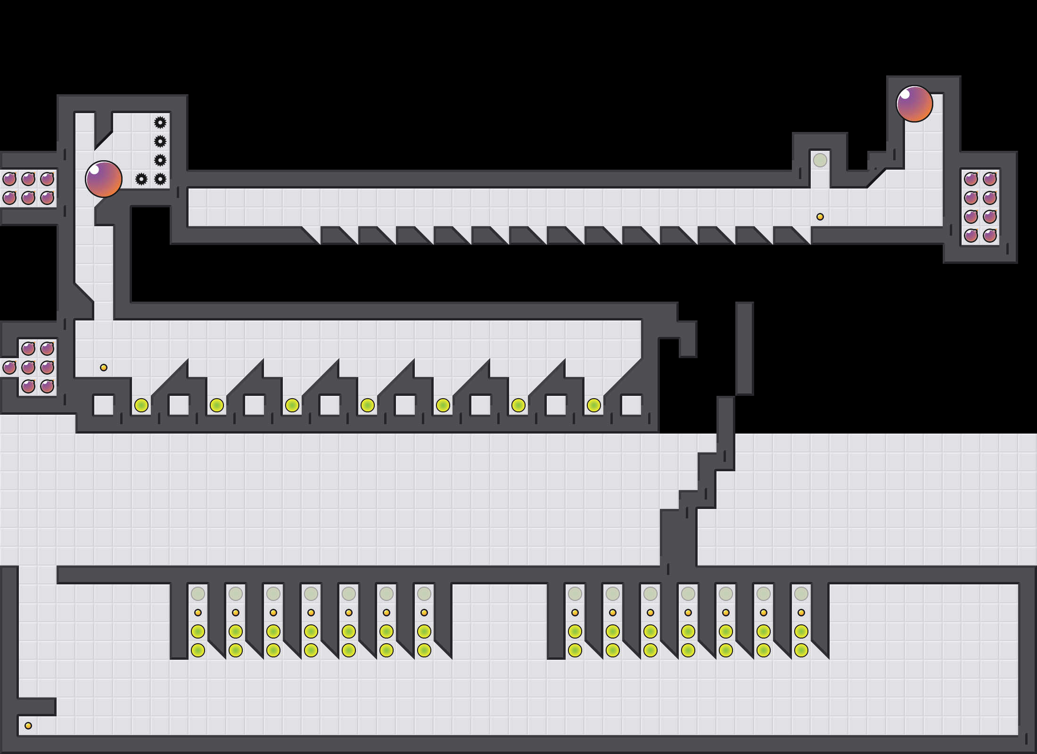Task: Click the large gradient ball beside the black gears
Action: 104,179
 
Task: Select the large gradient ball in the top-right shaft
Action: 914,104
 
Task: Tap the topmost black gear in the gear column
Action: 160,123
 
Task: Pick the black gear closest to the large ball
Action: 141,179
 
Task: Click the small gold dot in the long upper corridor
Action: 820,217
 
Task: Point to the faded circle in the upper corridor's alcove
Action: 820,160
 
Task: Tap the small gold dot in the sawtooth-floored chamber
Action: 104,368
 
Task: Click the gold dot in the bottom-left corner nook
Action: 28,726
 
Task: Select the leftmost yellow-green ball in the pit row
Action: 141,405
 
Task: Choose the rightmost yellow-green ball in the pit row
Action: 594,405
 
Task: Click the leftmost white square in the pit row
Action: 104,405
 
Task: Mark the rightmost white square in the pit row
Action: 632,405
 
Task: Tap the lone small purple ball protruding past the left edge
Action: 9,368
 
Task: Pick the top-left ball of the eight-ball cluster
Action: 971,179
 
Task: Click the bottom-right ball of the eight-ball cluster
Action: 990,236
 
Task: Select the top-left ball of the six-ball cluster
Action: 9,179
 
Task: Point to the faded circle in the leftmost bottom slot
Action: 198,594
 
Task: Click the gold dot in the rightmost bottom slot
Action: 801,613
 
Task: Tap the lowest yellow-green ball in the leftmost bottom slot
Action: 198,650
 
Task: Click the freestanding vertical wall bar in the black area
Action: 745,349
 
